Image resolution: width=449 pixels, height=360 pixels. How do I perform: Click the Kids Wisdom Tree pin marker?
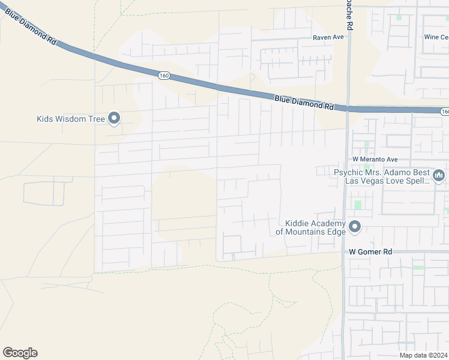[114, 118]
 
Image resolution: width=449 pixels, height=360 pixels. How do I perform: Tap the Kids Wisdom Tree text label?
[70, 119]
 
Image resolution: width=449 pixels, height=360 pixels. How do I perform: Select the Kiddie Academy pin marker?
[355, 227]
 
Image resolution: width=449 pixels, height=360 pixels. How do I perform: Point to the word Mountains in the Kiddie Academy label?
[305, 231]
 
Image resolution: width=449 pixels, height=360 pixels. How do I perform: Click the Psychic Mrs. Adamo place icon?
[438, 175]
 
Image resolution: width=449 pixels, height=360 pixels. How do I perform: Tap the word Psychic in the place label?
[349, 172]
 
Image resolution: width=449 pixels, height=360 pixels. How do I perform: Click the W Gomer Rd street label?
[370, 253]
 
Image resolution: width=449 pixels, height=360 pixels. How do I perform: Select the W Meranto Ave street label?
[375, 160]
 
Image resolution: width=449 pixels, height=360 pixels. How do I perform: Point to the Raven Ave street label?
[328, 37]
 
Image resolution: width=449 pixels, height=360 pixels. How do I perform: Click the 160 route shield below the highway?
[164, 76]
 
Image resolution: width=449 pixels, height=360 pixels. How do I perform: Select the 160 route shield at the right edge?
[444, 112]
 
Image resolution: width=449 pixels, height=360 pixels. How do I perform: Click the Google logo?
[20, 353]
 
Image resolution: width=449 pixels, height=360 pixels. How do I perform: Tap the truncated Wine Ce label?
[436, 37]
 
